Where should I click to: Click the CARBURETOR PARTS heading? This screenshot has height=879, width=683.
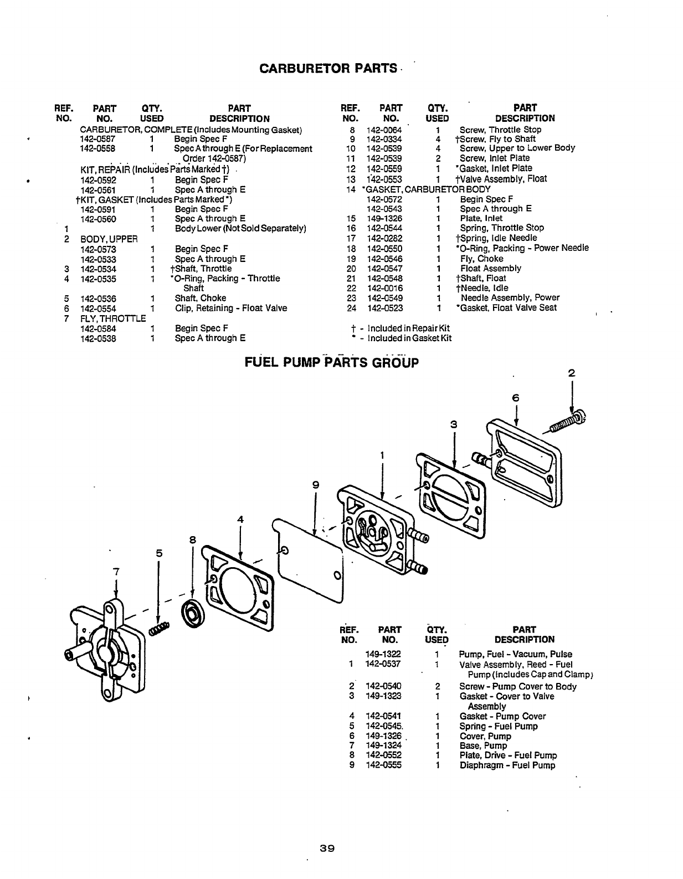[x=328, y=69]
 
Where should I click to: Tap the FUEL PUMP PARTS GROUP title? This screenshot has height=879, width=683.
[x=331, y=363]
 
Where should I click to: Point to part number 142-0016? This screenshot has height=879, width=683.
[x=384, y=288]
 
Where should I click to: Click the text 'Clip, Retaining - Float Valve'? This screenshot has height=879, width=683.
[x=231, y=309]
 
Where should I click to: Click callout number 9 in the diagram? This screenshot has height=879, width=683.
[x=315, y=485]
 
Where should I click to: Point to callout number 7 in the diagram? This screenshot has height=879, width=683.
[x=116, y=571]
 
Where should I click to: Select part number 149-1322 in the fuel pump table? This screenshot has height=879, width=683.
[x=383, y=654]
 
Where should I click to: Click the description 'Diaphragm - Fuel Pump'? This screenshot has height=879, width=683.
[x=507, y=765]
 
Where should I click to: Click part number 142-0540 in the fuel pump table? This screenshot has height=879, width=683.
[x=383, y=687]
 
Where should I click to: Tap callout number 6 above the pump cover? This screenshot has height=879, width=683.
[x=516, y=398]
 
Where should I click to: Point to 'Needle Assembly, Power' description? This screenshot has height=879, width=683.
[x=510, y=298]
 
